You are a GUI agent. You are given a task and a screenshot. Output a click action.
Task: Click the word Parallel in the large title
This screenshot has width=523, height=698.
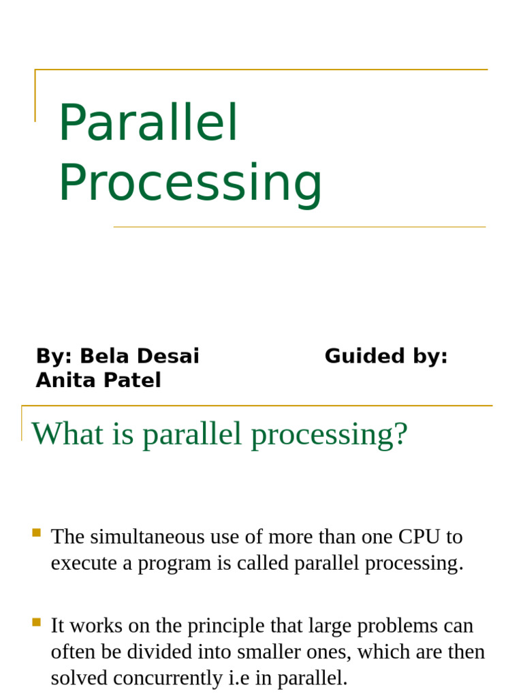pyautogui.click(x=148, y=123)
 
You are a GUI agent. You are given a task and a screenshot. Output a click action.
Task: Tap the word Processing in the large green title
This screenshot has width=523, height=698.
pyautogui.click(x=190, y=183)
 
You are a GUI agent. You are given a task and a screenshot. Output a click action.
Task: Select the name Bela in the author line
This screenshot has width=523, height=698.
pyautogui.click(x=104, y=356)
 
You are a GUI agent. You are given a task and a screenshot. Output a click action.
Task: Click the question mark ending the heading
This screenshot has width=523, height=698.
pyautogui.click(x=401, y=434)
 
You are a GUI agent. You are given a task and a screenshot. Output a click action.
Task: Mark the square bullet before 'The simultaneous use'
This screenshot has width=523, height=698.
pyautogui.click(x=37, y=532)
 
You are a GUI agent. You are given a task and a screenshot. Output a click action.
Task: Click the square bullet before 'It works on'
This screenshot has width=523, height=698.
pyautogui.click(x=37, y=622)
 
